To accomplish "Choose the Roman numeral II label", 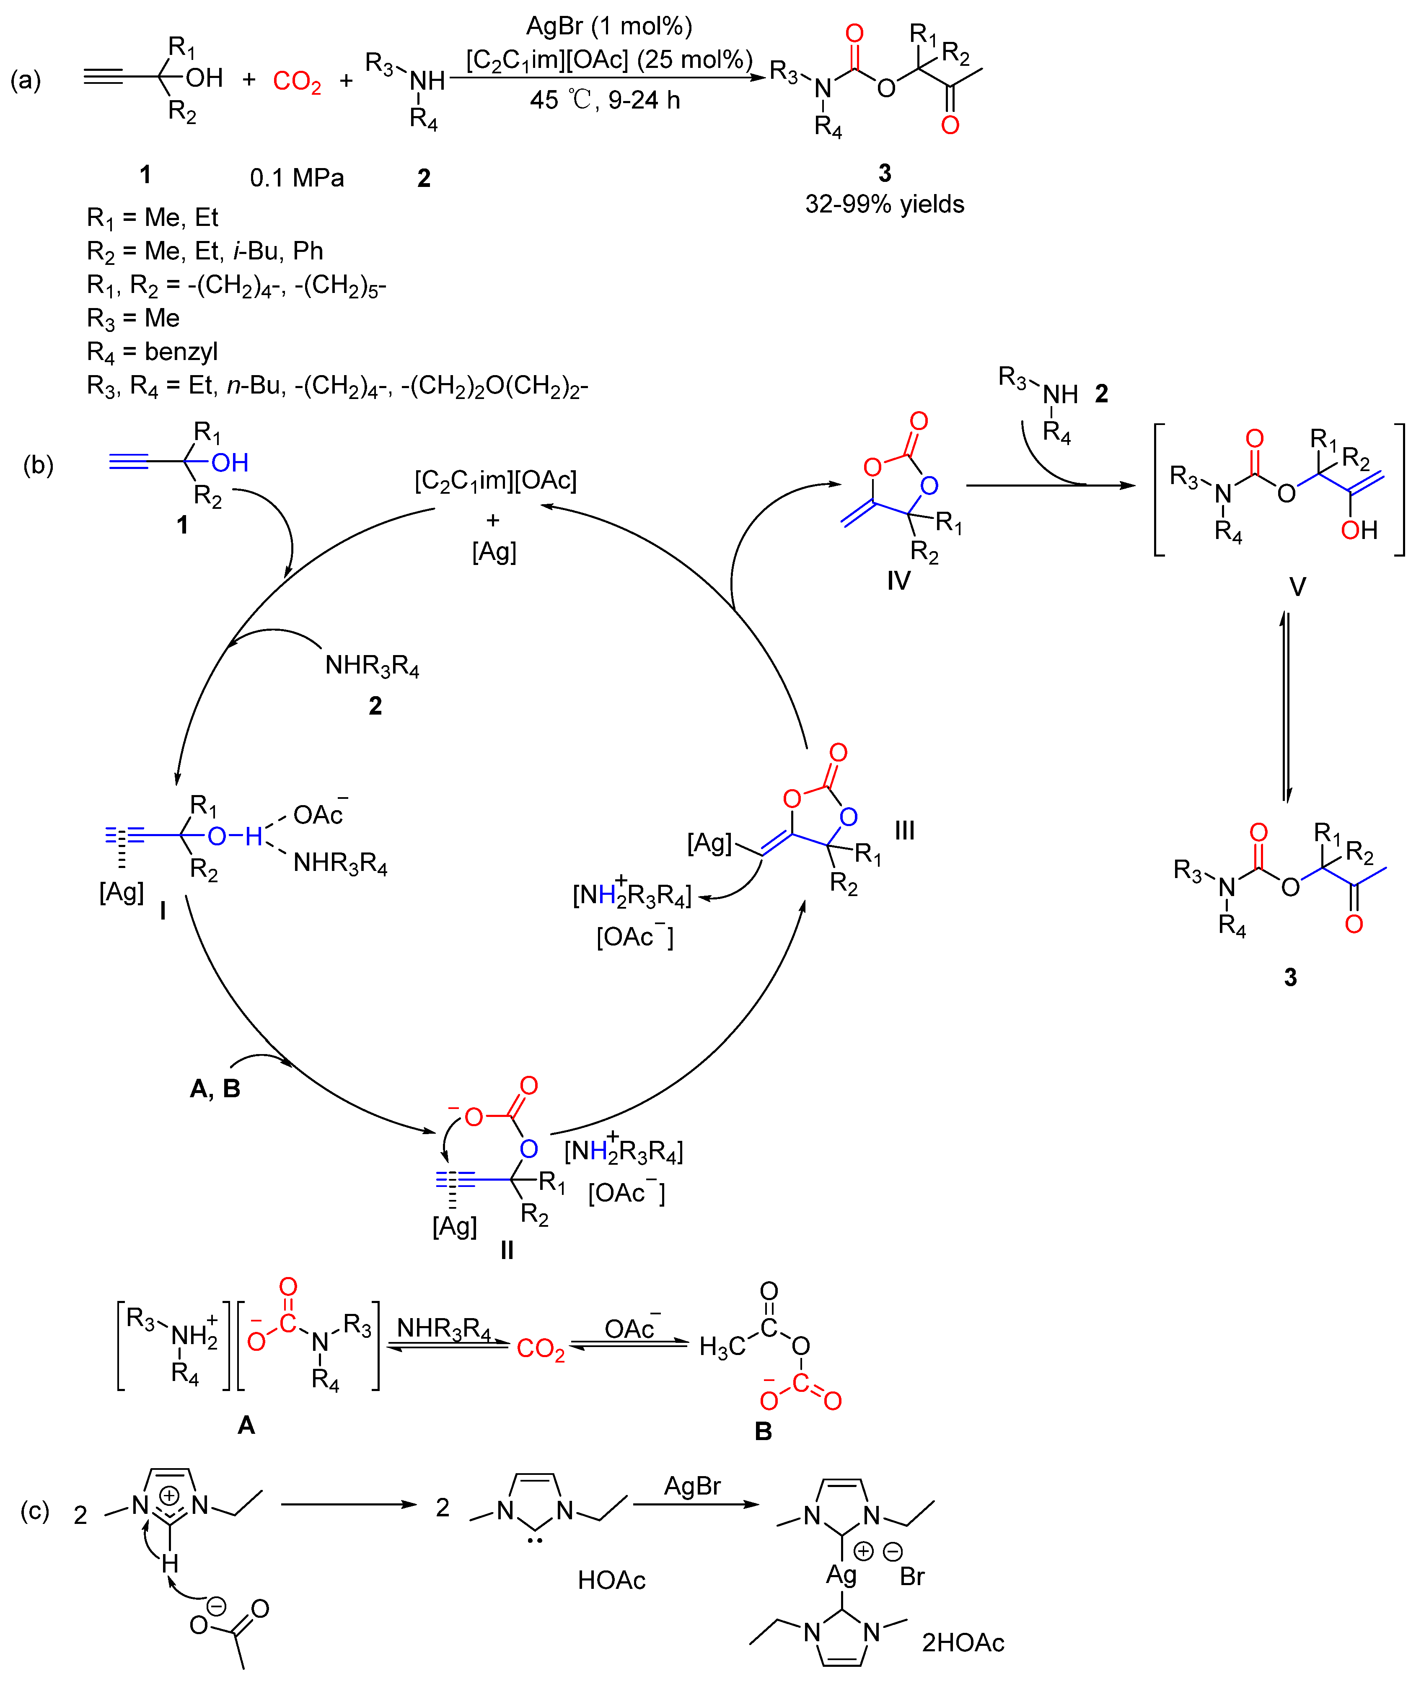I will click(507, 1250).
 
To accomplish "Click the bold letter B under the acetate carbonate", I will click(764, 1431).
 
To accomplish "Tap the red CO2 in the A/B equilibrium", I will click(540, 1349).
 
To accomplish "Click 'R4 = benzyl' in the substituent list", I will click(153, 352).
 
